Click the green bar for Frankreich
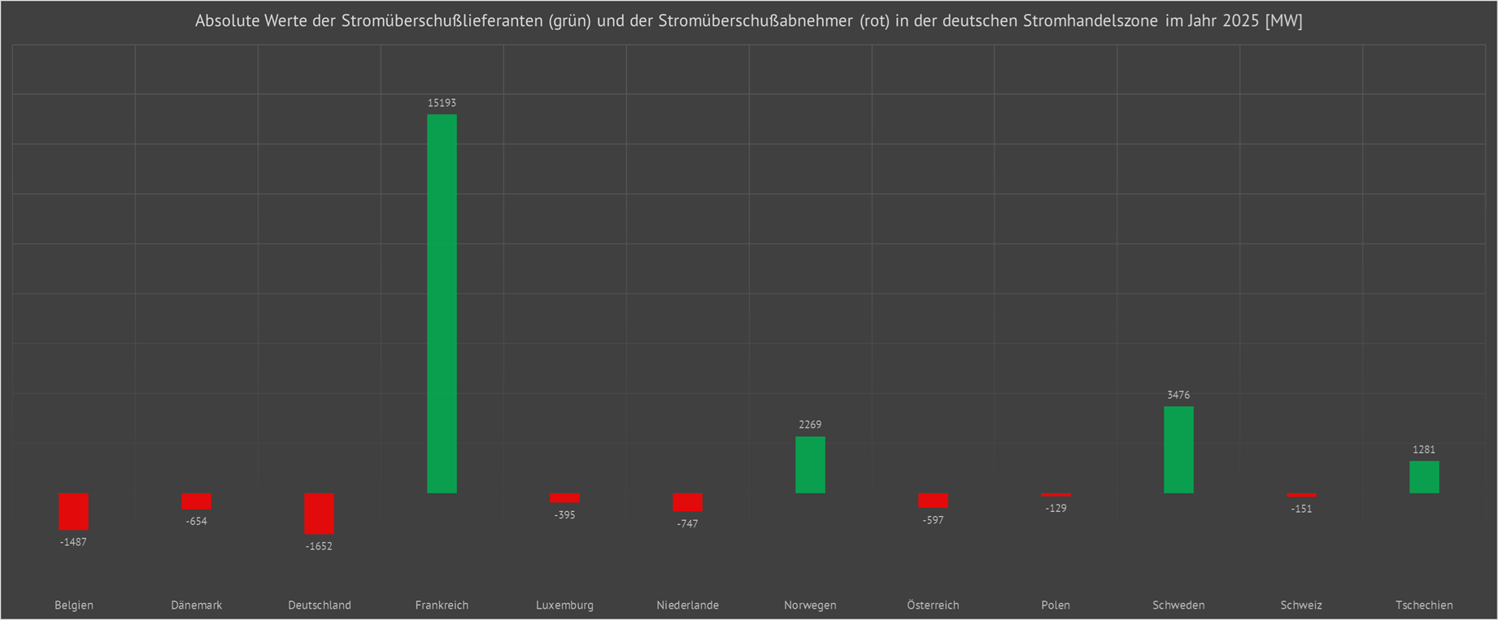coord(442,303)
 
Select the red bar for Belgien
coord(73,511)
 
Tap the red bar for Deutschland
coord(319,514)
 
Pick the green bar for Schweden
coord(1178,449)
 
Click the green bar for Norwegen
coord(810,465)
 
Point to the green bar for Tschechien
coord(1424,477)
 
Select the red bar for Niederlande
coord(687,502)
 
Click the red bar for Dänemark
coord(196,501)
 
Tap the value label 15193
coord(442,103)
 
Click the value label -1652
coord(319,546)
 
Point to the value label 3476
coord(1178,395)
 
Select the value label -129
coord(1056,508)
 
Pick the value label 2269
coord(810,424)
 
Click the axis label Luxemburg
coord(564,605)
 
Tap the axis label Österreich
coord(933,605)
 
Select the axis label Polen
coord(1056,605)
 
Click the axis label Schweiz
coord(1301,605)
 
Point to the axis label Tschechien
coord(1424,605)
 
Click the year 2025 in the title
coord(1240,21)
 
